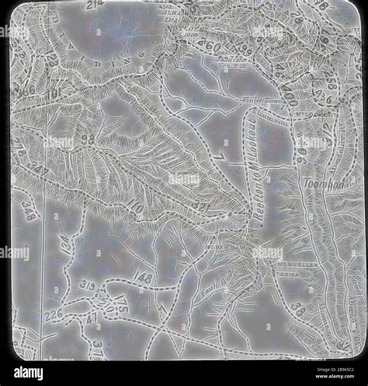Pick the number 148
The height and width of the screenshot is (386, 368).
(x=143, y=278)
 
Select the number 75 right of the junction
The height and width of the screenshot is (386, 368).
(x=122, y=308)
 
